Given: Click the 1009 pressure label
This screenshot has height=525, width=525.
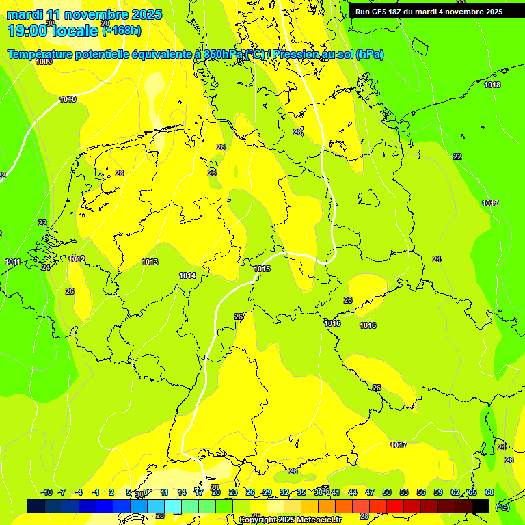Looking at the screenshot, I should [x=44, y=62].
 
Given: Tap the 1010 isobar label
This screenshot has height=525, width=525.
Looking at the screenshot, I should [x=68, y=100].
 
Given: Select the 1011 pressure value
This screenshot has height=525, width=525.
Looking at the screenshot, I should [x=12, y=262].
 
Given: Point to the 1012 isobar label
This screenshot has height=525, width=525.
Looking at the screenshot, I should [x=77, y=259].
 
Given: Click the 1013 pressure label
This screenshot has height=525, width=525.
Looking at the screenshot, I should [x=150, y=262].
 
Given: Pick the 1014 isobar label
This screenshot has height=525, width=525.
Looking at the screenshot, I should [x=187, y=276].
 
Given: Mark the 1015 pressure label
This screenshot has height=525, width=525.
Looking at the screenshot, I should [x=262, y=269].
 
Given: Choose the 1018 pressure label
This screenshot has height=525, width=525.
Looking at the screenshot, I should [x=492, y=85].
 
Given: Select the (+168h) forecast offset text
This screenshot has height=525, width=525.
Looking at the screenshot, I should [x=122, y=30].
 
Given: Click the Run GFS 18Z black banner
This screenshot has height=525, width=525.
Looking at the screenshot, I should [x=429, y=12].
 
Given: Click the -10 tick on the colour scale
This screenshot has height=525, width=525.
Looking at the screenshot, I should [x=46, y=492].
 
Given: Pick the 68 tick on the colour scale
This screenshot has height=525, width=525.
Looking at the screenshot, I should [x=489, y=492].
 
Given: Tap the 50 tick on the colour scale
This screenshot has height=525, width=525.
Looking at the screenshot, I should [x=387, y=492].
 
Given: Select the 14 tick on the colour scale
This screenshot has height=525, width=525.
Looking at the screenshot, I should [x=182, y=492].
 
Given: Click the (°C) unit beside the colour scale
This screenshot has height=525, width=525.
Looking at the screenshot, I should [x=502, y=507].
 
